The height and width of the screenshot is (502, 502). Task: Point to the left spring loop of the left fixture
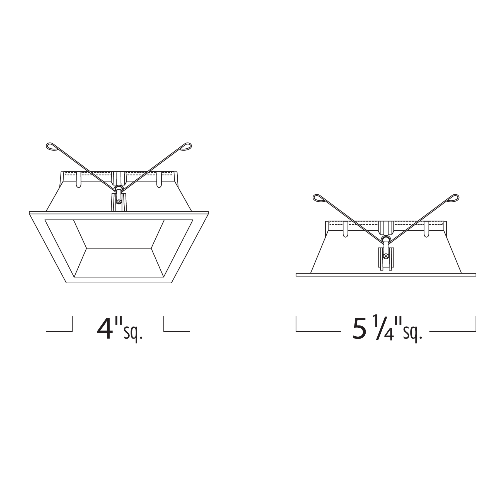[x=52, y=147]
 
